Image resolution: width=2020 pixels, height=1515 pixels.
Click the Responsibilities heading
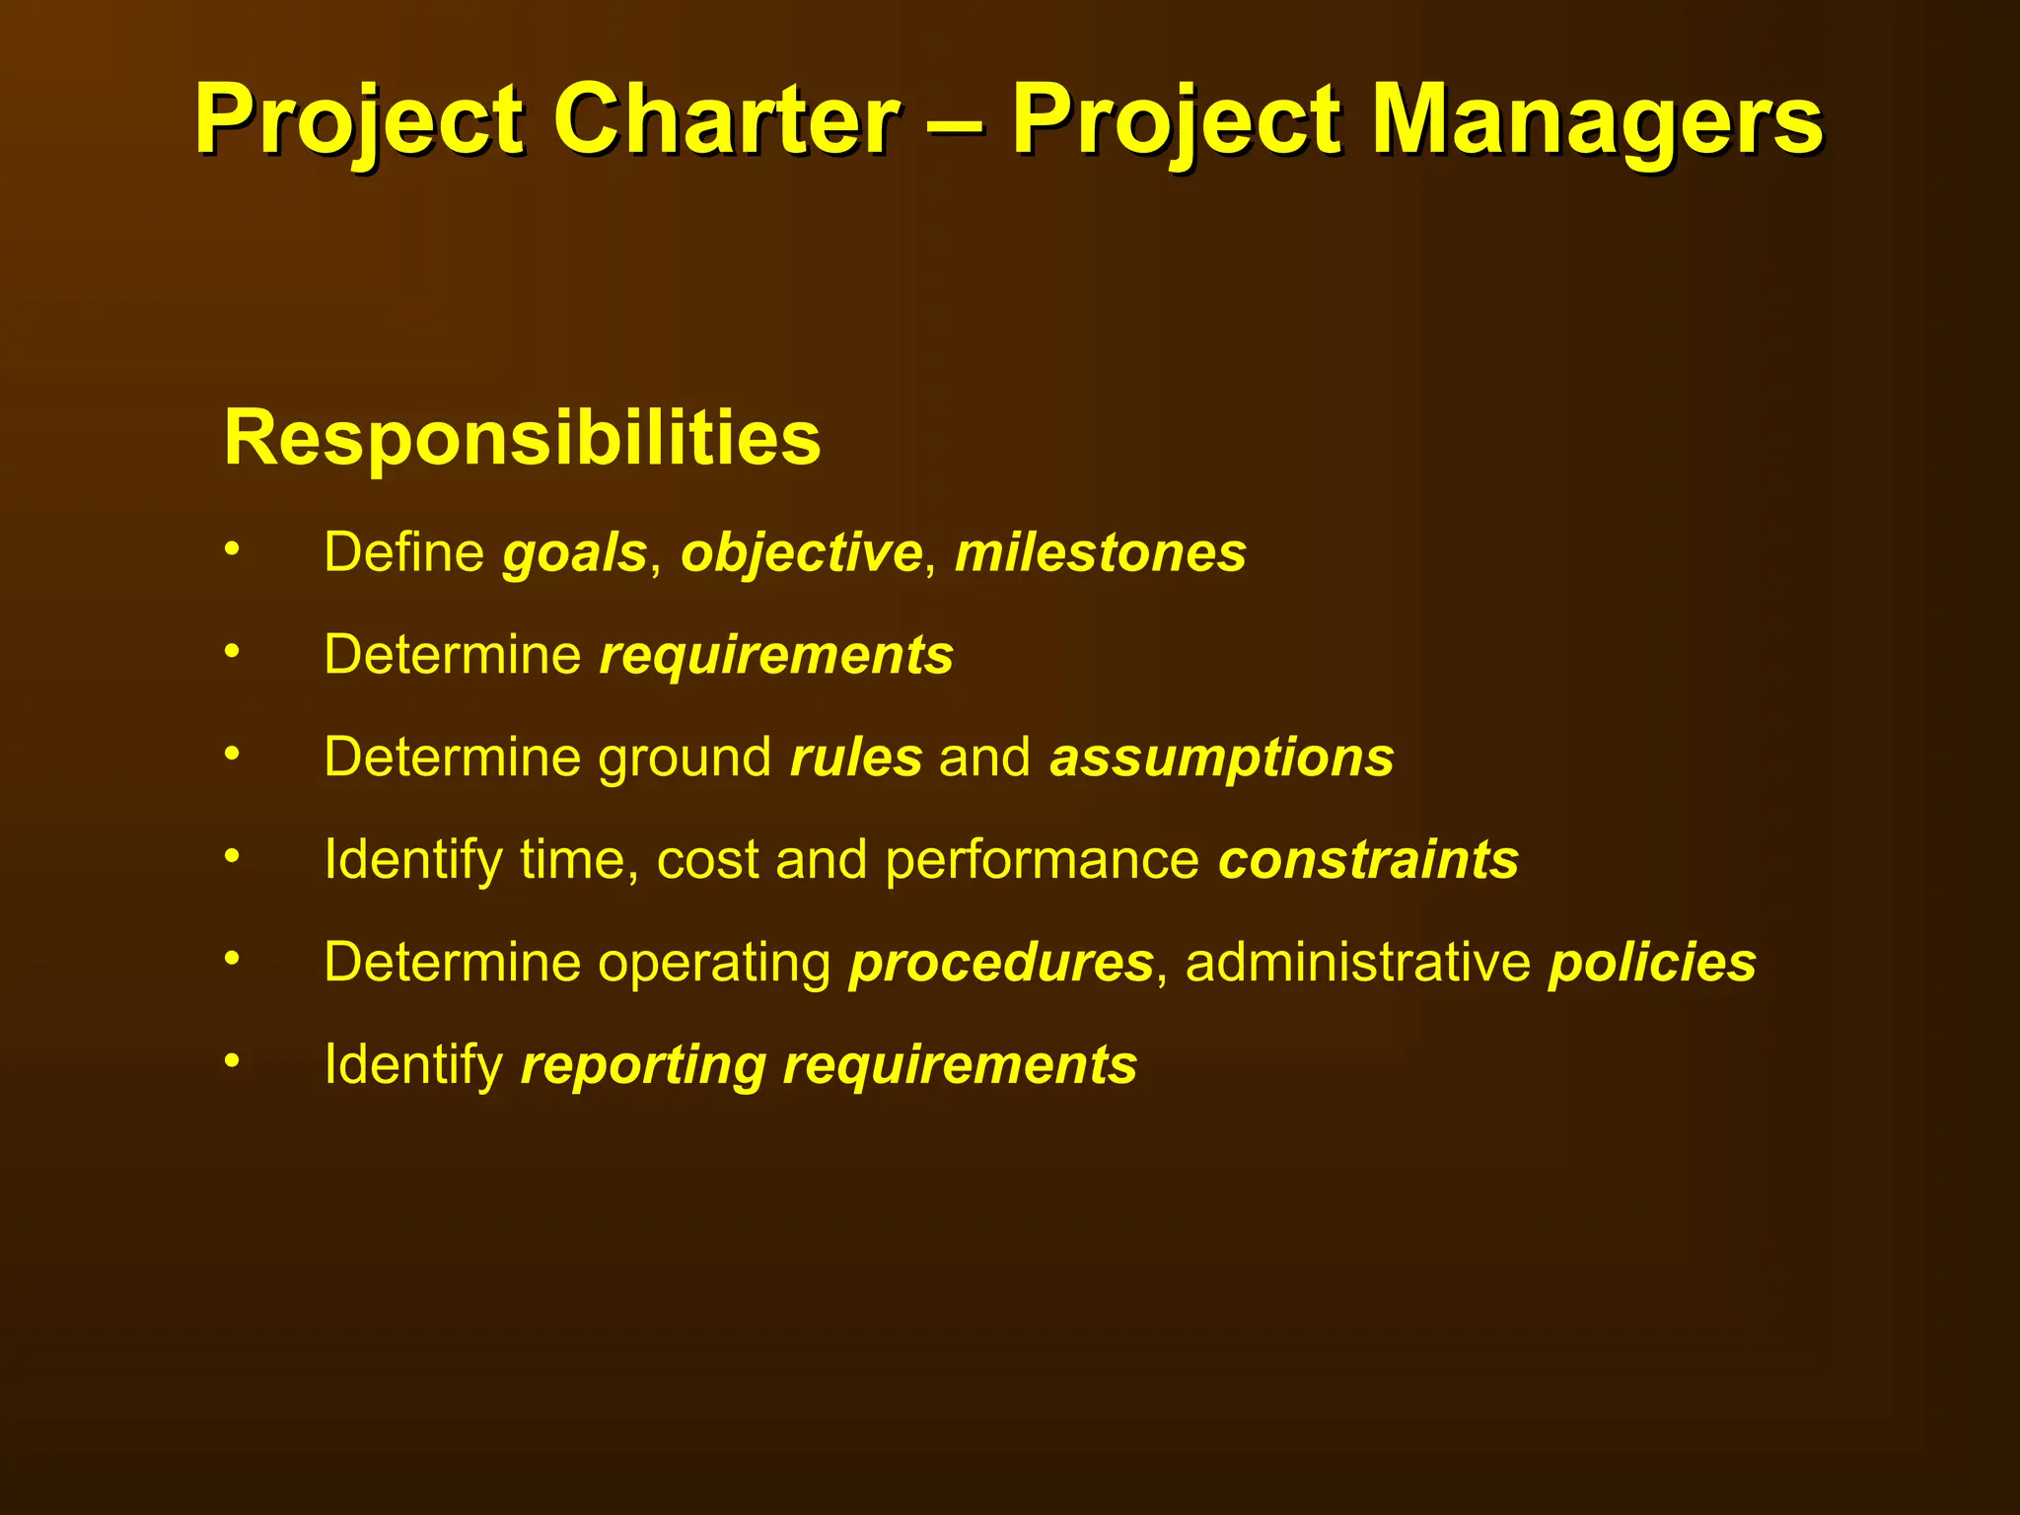point(522,437)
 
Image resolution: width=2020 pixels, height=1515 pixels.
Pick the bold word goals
point(574,553)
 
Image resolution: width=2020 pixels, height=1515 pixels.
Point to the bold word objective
point(801,553)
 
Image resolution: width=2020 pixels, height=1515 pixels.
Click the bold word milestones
point(1100,552)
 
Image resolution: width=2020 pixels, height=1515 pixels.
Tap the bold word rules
point(856,757)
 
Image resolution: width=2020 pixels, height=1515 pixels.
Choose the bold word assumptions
point(1222,759)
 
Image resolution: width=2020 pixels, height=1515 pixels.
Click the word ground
point(685,758)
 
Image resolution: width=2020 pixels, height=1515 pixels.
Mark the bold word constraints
point(1368,859)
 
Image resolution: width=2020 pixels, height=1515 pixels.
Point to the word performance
point(1042,861)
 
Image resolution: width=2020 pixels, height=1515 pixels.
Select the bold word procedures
point(1001,964)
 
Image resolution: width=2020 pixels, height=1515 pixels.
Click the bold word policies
point(1652,964)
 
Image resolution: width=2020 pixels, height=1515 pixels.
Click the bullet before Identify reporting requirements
point(232,1061)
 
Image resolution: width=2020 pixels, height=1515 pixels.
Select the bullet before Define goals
point(232,548)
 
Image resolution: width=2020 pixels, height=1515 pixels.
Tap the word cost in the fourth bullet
point(708,860)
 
